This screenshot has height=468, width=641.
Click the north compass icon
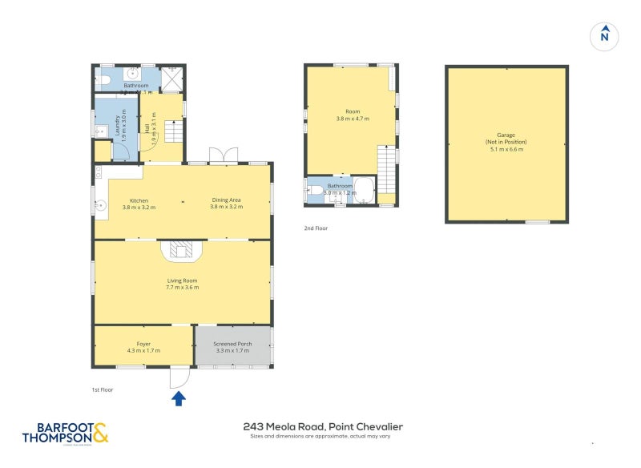[x=605, y=36]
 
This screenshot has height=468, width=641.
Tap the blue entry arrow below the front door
[x=179, y=397]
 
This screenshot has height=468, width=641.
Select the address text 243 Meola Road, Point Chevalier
[x=322, y=427]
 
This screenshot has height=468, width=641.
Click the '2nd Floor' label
[x=316, y=228]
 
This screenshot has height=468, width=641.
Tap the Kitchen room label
[x=139, y=200]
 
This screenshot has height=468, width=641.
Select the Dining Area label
[x=227, y=200]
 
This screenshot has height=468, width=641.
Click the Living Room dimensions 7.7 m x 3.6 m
[x=183, y=287]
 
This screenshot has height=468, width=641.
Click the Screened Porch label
[x=232, y=344]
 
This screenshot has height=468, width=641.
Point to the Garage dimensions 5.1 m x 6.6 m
[x=506, y=148]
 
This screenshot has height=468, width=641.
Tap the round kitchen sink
[x=102, y=204]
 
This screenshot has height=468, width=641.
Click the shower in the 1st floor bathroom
[x=172, y=79]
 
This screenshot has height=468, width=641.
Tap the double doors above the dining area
[x=220, y=155]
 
